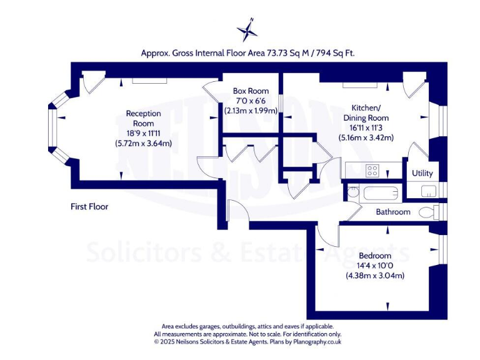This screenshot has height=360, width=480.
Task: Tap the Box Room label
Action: (x=251, y=91)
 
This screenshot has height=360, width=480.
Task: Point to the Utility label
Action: (x=422, y=173)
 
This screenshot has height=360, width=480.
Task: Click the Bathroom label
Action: (x=393, y=212)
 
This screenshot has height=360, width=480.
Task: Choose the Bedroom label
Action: (x=375, y=256)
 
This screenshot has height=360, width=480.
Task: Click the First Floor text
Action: (x=89, y=206)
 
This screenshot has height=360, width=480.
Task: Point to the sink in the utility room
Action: (x=429, y=191)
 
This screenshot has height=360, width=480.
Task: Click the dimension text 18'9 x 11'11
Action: (x=143, y=134)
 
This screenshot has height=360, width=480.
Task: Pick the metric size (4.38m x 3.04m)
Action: (x=375, y=275)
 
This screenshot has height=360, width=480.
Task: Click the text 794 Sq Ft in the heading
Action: (x=337, y=54)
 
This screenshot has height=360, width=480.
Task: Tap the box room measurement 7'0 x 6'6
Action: (x=251, y=101)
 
